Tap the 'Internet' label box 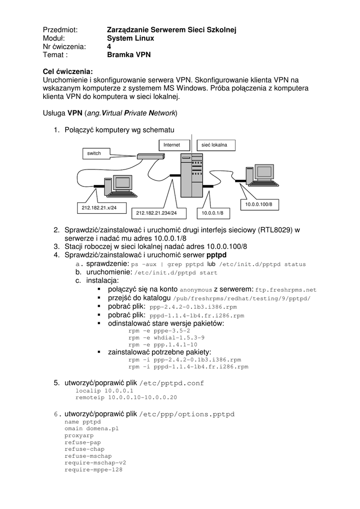click(x=174, y=145)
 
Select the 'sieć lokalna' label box click(x=215, y=145)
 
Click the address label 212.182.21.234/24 click(x=157, y=213)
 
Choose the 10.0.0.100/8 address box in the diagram click(x=259, y=204)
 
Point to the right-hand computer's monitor click(x=262, y=172)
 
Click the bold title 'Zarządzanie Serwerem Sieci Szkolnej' click(x=172, y=30)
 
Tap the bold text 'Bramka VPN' click(x=128, y=55)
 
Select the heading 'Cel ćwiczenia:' click(x=68, y=71)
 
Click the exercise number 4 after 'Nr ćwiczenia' click(x=109, y=47)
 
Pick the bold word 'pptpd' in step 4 click(x=216, y=255)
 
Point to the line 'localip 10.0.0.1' click(x=104, y=391)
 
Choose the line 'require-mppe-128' click(x=93, y=469)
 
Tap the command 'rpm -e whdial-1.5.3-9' click(x=163, y=337)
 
